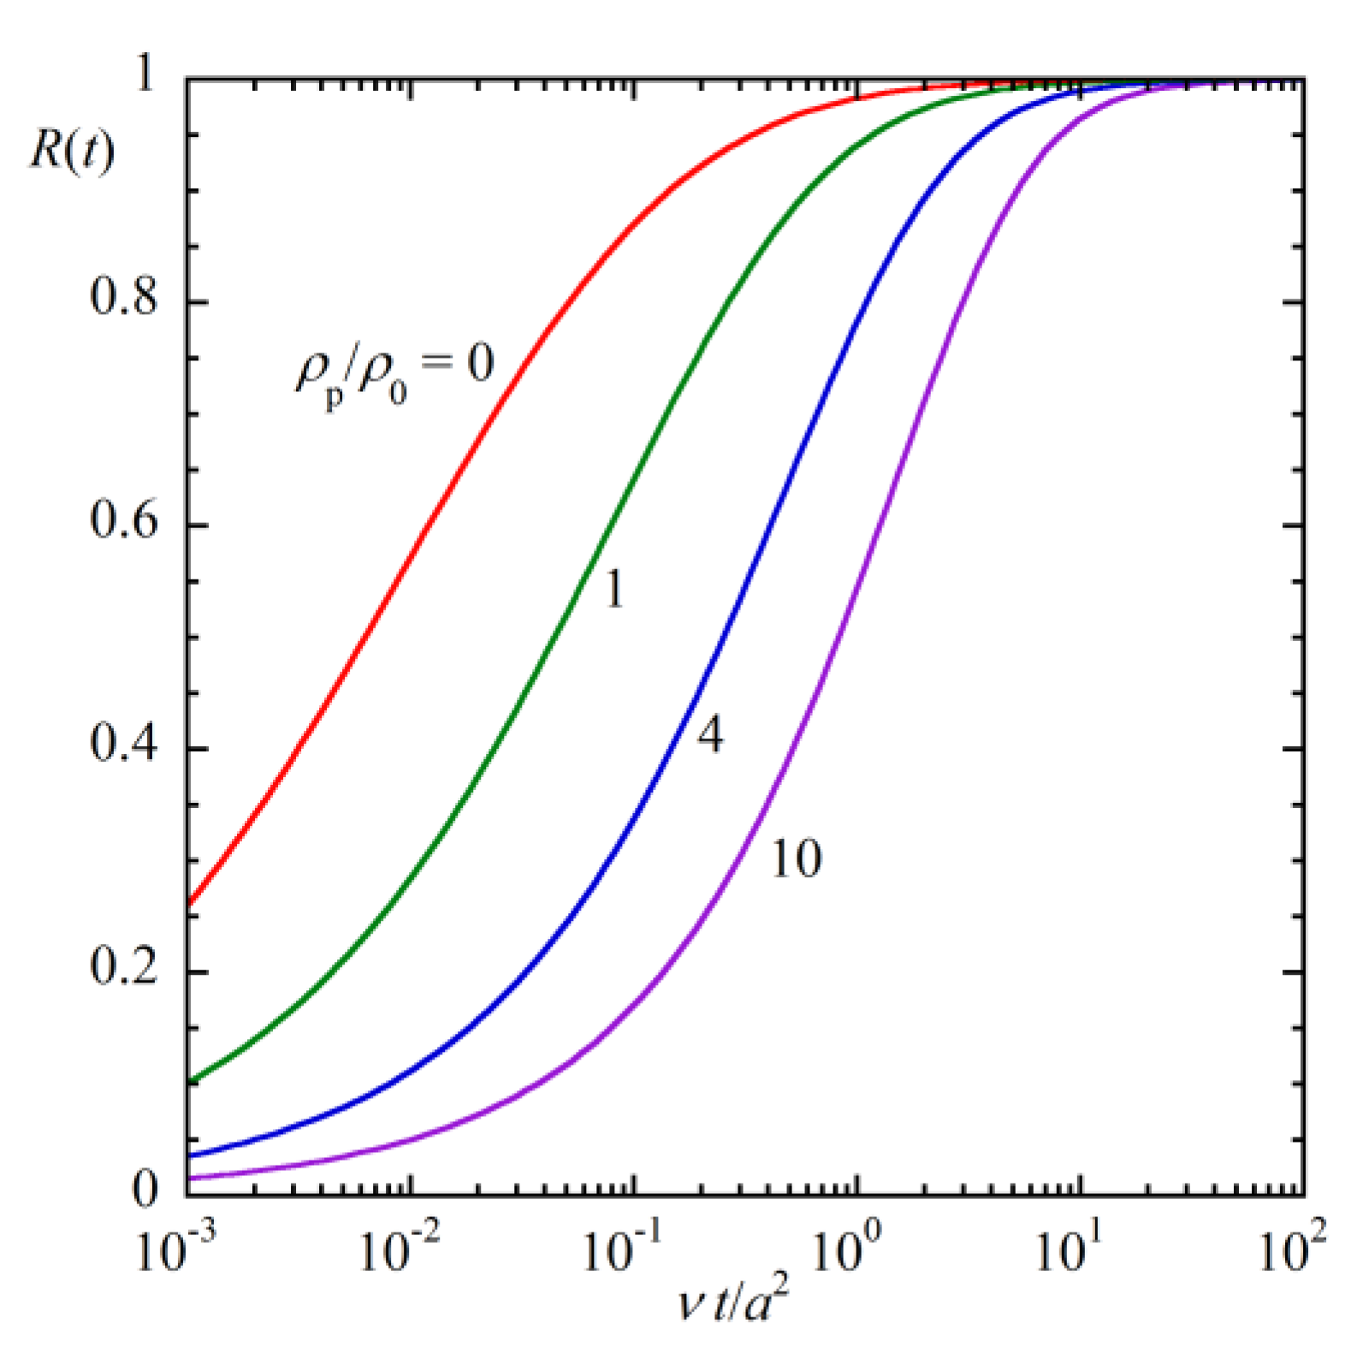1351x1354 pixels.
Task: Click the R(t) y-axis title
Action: pos(72,153)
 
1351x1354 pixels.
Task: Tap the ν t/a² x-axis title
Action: pos(732,1302)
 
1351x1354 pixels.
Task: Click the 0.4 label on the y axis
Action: pos(125,744)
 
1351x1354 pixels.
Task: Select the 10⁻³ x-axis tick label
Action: pos(176,1250)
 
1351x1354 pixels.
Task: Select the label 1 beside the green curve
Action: pos(613,589)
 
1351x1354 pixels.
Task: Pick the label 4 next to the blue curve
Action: pos(709,734)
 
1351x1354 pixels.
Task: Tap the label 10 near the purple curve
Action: pos(796,858)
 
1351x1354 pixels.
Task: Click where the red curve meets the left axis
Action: pos(188,905)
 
